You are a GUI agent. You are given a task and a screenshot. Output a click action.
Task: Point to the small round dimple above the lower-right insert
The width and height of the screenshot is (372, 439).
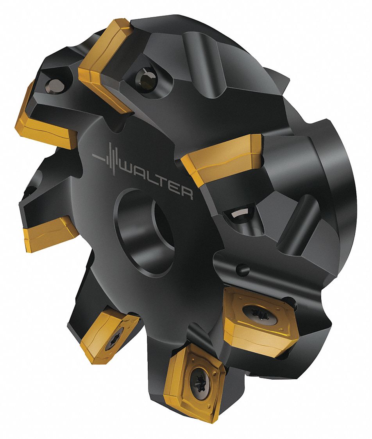(242, 269)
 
